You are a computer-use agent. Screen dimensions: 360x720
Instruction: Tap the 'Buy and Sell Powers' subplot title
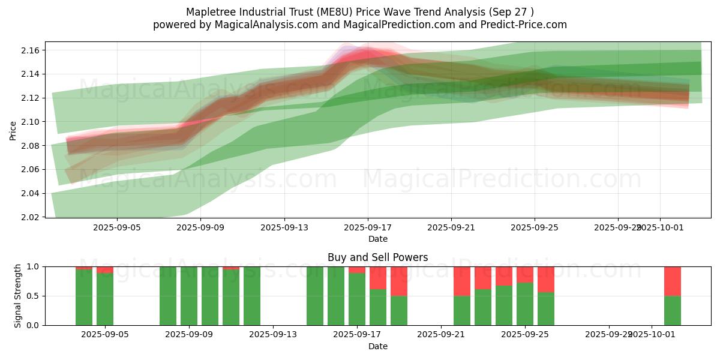click(377, 257)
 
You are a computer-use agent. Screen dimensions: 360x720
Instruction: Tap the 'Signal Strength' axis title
click(18, 296)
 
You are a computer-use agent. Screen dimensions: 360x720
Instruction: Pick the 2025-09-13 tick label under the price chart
click(284, 227)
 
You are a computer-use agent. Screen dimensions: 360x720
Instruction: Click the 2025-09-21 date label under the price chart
click(451, 227)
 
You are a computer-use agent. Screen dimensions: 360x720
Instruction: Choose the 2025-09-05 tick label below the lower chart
click(105, 335)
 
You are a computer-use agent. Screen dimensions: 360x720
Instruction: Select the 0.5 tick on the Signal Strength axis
click(33, 296)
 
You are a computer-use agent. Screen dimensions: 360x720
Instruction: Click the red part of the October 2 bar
click(672, 281)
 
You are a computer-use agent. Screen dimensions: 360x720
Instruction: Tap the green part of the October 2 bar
click(672, 311)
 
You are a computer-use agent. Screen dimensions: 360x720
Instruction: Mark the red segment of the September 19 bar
click(399, 281)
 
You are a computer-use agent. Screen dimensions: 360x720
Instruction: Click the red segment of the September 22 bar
click(462, 281)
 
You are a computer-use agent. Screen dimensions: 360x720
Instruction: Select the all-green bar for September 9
click(189, 296)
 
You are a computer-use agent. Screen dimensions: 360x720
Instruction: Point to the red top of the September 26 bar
click(546, 279)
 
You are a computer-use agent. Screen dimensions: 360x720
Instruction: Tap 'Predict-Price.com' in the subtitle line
click(524, 25)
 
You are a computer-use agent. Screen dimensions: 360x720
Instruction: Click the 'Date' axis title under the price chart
click(377, 239)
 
